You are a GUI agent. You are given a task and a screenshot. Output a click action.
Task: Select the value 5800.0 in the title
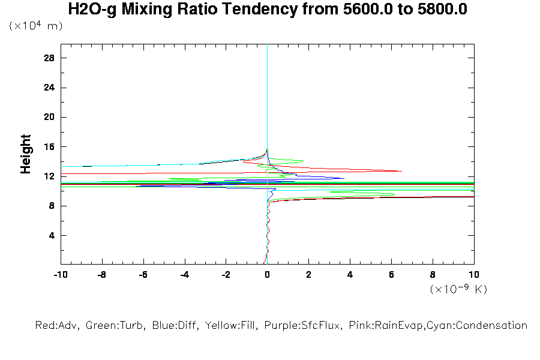coord(439,10)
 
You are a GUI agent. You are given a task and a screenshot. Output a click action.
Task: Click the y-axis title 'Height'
coord(26,154)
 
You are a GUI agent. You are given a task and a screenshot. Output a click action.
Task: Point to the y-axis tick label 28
coord(49,58)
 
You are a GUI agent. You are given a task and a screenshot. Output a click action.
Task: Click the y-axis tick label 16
coord(49,147)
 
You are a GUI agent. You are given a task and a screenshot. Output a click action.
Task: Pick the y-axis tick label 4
coord(52,235)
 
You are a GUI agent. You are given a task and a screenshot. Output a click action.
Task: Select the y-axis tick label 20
coord(49,117)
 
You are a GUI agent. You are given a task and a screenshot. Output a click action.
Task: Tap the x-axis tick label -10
coord(60,275)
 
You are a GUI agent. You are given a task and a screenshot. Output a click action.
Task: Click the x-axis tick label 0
coord(267,275)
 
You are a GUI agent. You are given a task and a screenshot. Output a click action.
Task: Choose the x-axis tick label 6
coord(391,275)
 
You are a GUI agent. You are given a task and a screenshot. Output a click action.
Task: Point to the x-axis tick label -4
coord(184,275)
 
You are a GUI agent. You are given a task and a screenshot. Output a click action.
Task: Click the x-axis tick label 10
coord(474,275)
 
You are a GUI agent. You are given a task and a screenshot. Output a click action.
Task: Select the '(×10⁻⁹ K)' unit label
coord(458,289)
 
